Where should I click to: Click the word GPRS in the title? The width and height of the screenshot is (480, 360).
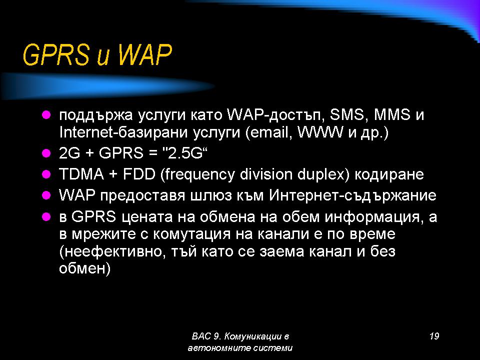(x=55, y=55)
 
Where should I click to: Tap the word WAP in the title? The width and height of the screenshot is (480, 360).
(x=145, y=55)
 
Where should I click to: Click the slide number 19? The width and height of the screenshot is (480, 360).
(x=434, y=336)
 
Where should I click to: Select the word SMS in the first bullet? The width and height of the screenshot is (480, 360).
(x=347, y=115)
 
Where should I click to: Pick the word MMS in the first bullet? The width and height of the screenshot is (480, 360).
(x=392, y=115)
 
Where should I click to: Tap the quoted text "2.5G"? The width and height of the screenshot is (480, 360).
(x=185, y=153)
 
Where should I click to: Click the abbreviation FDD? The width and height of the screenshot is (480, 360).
(x=139, y=174)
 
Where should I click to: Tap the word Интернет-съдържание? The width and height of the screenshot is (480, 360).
(x=352, y=195)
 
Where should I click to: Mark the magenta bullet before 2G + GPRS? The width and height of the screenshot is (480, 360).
(x=46, y=153)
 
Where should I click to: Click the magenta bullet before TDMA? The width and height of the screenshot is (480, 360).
(x=46, y=174)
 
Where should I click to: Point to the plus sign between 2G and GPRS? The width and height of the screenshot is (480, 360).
(x=89, y=153)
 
